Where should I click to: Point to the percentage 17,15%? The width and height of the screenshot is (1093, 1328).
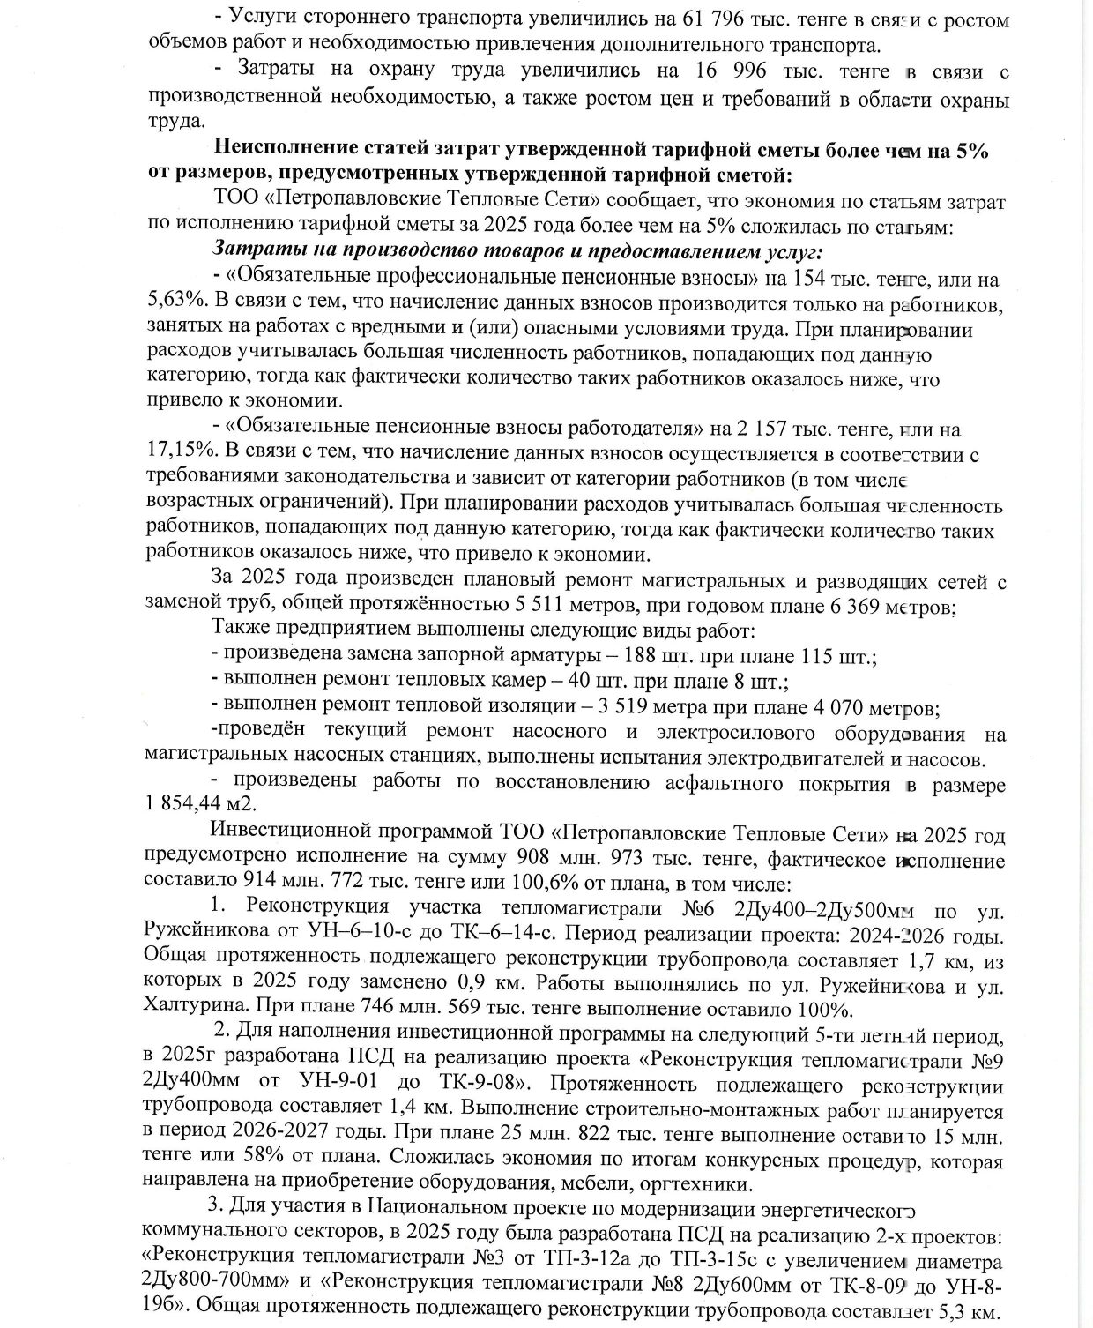[x=181, y=456]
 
